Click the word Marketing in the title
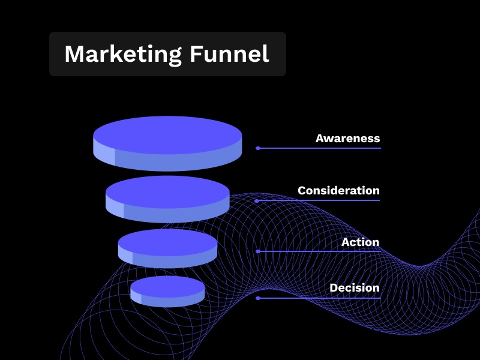coord(123,55)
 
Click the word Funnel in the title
coord(229,54)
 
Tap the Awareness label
coord(348,139)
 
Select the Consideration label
coord(338,190)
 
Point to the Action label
coord(361,242)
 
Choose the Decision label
coord(355,288)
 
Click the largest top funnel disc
coord(167,143)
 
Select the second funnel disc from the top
coord(167,199)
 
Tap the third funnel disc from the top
coord(167,248)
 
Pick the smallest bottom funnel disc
coord(167,292)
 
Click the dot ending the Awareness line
coord(258,148)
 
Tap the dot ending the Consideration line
coord(257,201)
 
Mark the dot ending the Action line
coord(258,251)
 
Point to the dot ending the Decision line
coord(258,298)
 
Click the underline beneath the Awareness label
coord(319,148)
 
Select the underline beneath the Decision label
coord(319,298)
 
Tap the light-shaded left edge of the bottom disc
coord(136,297)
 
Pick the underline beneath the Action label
coord(319,251)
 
